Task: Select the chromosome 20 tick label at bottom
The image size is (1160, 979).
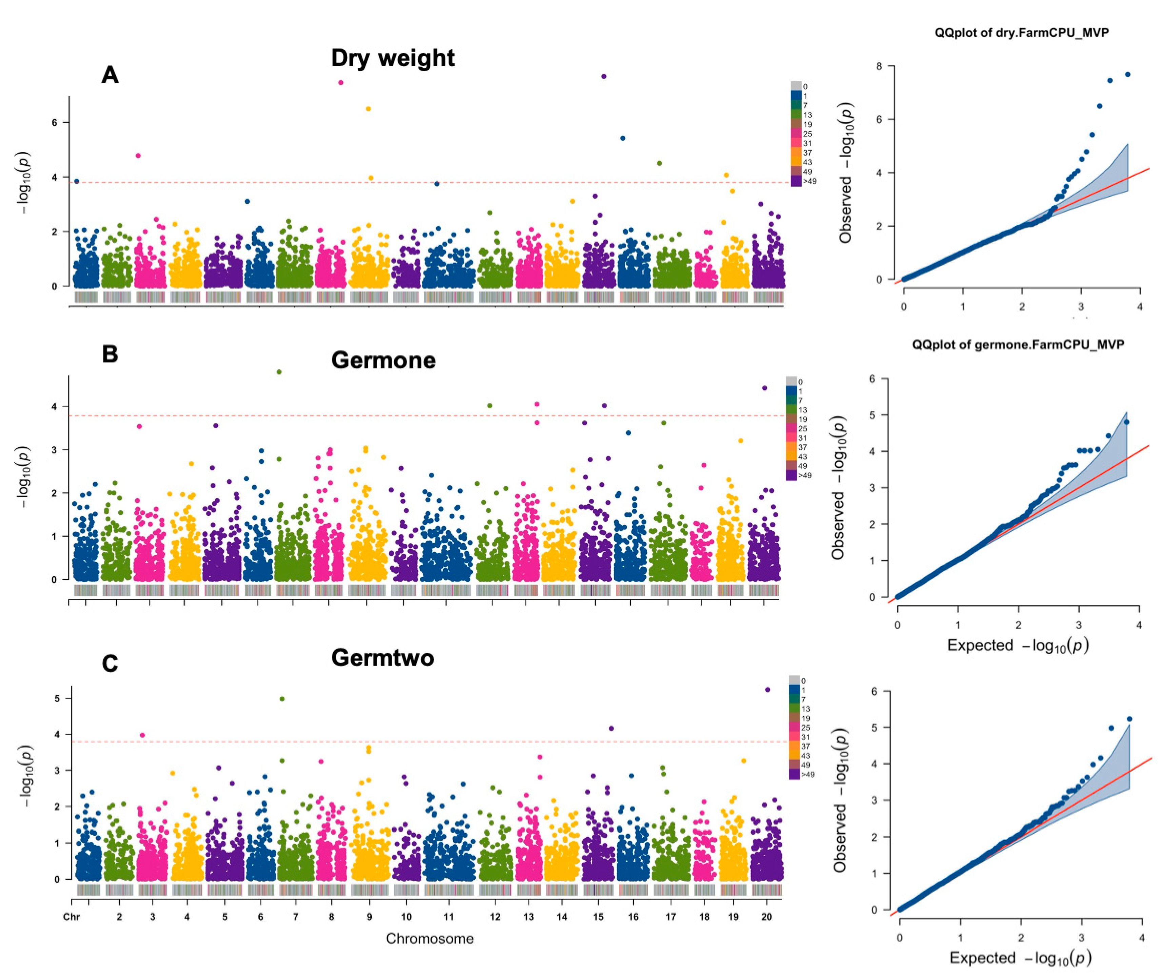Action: coord(766,917)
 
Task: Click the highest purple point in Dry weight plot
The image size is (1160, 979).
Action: coord(604,76)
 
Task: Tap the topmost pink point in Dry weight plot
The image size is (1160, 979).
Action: coord(341,83)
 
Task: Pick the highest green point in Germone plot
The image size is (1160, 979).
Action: coord(280,372)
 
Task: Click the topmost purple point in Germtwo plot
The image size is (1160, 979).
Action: coord(767,689)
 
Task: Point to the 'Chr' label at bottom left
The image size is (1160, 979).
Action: coord(72,917)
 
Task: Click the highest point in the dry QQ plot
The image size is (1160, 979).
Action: coord(1127,74)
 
